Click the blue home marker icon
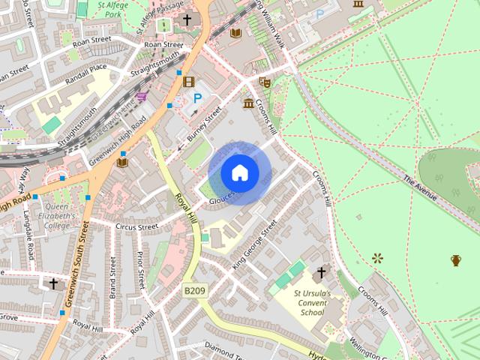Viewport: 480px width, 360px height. click(x=239, y=172)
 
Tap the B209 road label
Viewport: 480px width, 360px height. click(x=194, y=288)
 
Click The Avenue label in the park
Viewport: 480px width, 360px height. click(x=419, y=187)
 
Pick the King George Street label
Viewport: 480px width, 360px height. click(x=254, y=244)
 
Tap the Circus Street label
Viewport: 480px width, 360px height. click(x=137, y=226)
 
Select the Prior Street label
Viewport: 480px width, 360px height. click(x=141, y=270)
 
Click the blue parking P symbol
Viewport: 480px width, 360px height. click(x=198, y=97)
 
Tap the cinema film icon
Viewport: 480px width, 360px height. click(x=188, y=82)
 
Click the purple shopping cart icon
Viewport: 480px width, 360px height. click(x=142, y=97)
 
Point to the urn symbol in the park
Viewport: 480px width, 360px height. click(x=456, y=260)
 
